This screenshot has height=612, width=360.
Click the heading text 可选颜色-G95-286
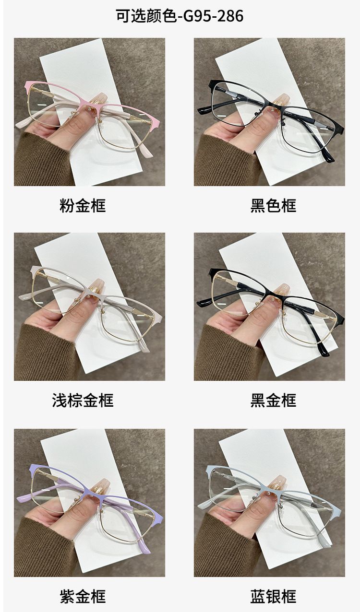(x=180, y=16)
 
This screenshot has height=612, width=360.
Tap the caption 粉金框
(x=83, y=206)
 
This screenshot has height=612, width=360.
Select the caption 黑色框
(x=273, y=206)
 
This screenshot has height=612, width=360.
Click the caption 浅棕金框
(x=83, y=400)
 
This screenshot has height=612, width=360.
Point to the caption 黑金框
(x=273, y=400)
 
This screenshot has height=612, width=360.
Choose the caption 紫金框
(x=83, y=597)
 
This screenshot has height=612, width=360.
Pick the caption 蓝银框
(x=273, y=597)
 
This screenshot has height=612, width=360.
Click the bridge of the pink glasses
(x=93, y=106)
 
